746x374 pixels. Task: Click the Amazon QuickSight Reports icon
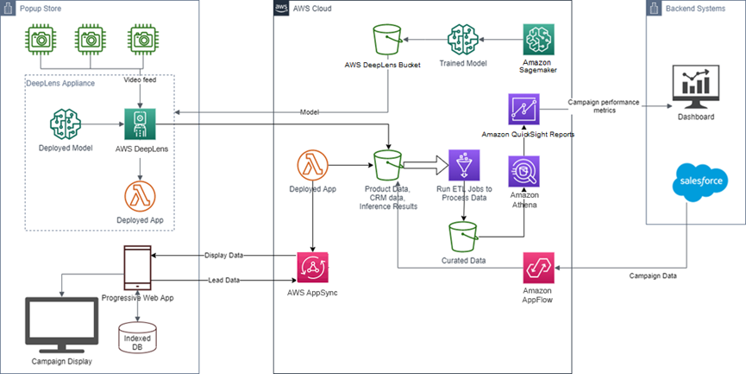523,110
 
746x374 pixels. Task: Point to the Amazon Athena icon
525,173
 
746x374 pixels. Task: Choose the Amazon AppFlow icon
538,269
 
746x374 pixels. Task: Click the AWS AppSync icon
311,268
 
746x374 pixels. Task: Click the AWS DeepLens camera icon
139,124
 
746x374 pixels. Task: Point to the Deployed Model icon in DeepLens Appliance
66,124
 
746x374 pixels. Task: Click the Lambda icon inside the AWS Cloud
312,165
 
